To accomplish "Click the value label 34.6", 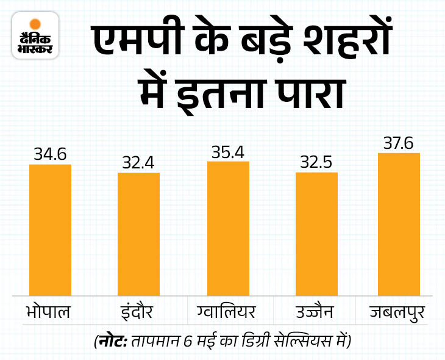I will pyautogui.click(x=50, y=156).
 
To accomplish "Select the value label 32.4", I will pyautogui.click(x=138, y=164).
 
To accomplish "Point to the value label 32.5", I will pyautogui.click(x=316, y=164).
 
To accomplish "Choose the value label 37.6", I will pyautogui.click(x=399, y=143).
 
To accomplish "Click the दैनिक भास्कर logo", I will pyautogui.click(x=35, y=36).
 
